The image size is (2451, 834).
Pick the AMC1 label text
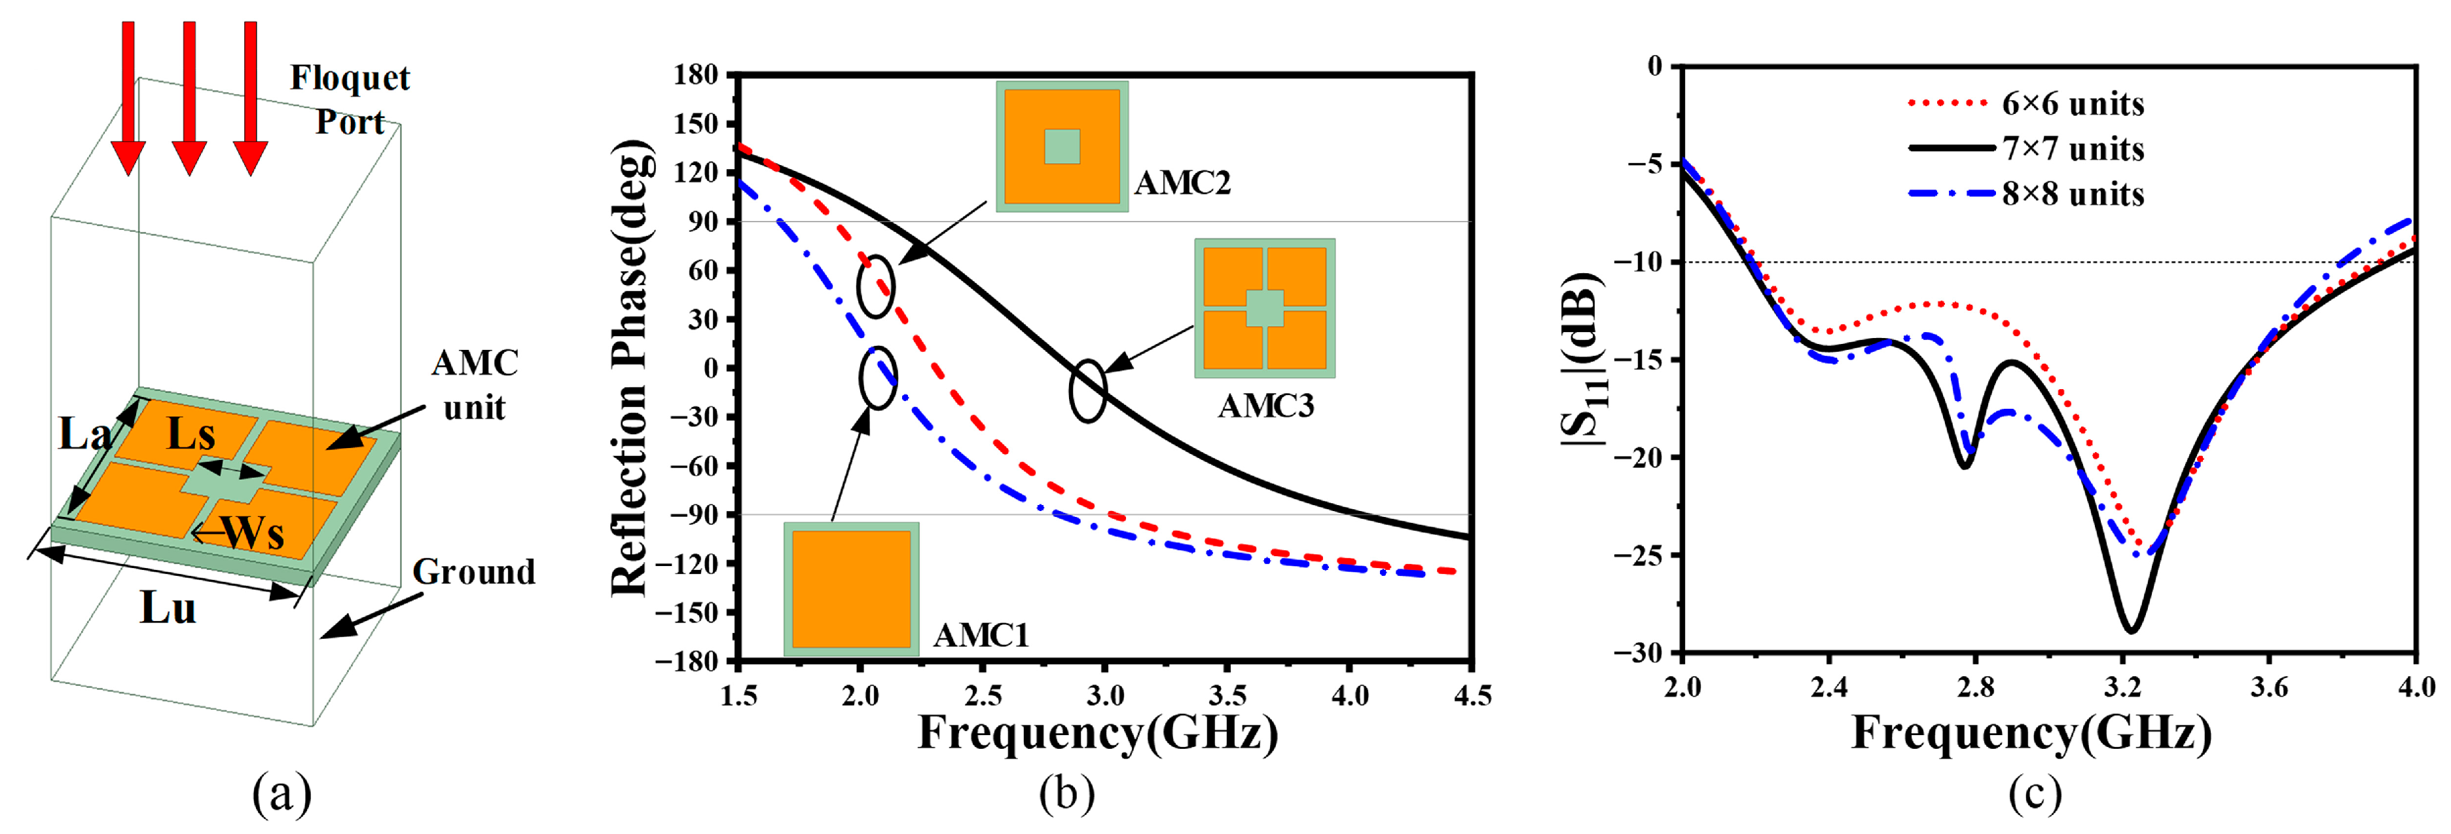tap(981, 634)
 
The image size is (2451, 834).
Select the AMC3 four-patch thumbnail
tap(1265, 307)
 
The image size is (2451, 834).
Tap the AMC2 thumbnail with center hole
tap(1062, 145)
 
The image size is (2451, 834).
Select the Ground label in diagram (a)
tap(473, 572)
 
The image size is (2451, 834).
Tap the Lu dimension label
tap(168, 607)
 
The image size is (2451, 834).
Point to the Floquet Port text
tap(349, 99)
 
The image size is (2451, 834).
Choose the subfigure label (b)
tap(1066, 792)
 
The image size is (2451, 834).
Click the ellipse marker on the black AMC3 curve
tap(1087, 390)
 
